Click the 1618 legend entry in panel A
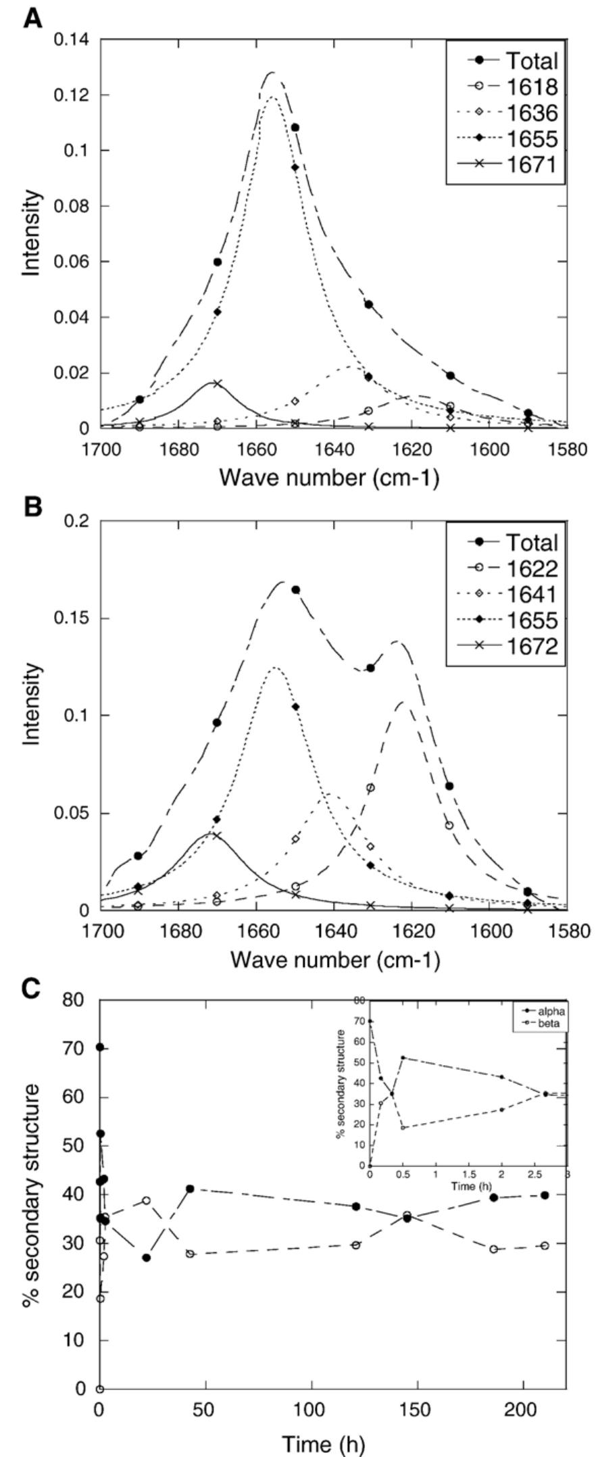click(x=514, y=87)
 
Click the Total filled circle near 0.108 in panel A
click(x=295, y=127)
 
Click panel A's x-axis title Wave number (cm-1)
click(x=329, y=478)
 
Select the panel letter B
click(x=32, y=508)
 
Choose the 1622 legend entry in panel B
click(x=514, y=568)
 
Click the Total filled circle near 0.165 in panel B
click(x=295, y=590)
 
